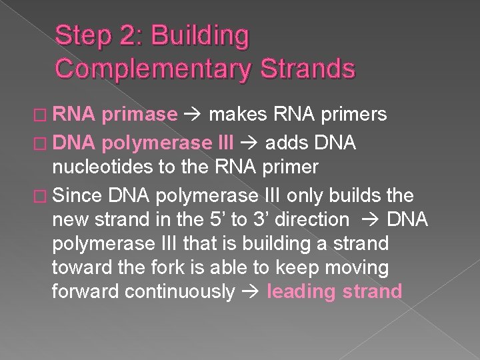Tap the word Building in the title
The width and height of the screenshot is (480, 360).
tap(201, 36)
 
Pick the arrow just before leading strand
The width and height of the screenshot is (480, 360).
tap(251, 292)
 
